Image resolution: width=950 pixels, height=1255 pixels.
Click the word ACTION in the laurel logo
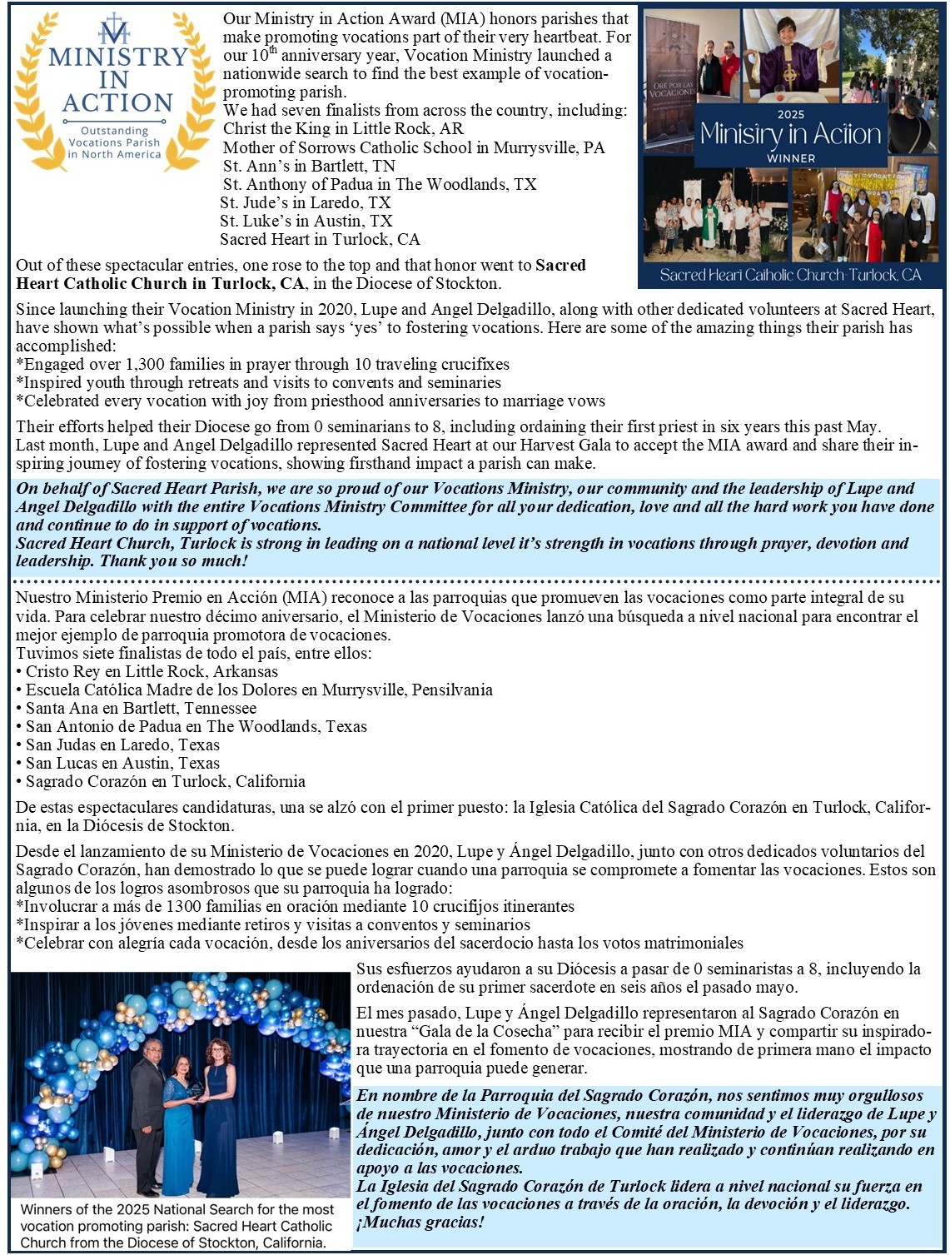point(117,102)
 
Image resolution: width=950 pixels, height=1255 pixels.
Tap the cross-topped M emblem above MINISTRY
point(114,30)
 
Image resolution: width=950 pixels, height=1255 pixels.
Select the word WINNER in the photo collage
point(790,157)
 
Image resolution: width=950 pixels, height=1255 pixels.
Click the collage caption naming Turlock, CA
point(790,275)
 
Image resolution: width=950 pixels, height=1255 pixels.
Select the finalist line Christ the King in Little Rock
point(343,129)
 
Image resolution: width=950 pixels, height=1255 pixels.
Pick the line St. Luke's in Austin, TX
point(306,221)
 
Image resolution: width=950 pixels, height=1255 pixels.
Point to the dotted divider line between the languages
point(475,580)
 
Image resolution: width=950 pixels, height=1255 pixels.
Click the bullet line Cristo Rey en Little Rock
point(152,671)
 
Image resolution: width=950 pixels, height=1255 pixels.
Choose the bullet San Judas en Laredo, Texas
point(122,745)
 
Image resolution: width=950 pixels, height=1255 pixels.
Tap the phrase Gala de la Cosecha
point(460,1031)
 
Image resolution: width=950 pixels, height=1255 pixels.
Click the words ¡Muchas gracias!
point(420,1223)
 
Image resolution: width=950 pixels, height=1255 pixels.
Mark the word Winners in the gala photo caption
point(48,1209)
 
